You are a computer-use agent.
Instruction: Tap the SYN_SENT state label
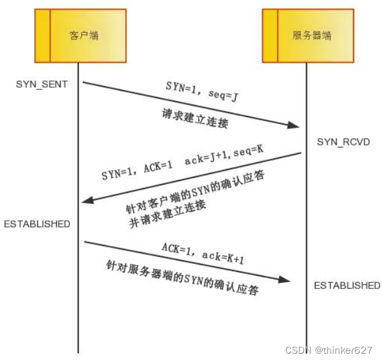click(41, 84)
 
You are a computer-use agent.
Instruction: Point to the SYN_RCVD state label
click(343, 142)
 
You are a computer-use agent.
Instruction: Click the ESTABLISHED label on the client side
click(36, 224)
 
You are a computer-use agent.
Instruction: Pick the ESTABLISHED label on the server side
click(347, 285)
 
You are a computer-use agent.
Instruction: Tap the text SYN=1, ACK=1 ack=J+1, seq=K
click(182, 166)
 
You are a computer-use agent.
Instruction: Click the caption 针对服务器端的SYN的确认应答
click(182, 278)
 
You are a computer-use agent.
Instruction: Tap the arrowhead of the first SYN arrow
click(295, 125)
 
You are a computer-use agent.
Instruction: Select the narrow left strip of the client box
click(42, 35)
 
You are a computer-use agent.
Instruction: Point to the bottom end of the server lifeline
click(308, 342)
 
